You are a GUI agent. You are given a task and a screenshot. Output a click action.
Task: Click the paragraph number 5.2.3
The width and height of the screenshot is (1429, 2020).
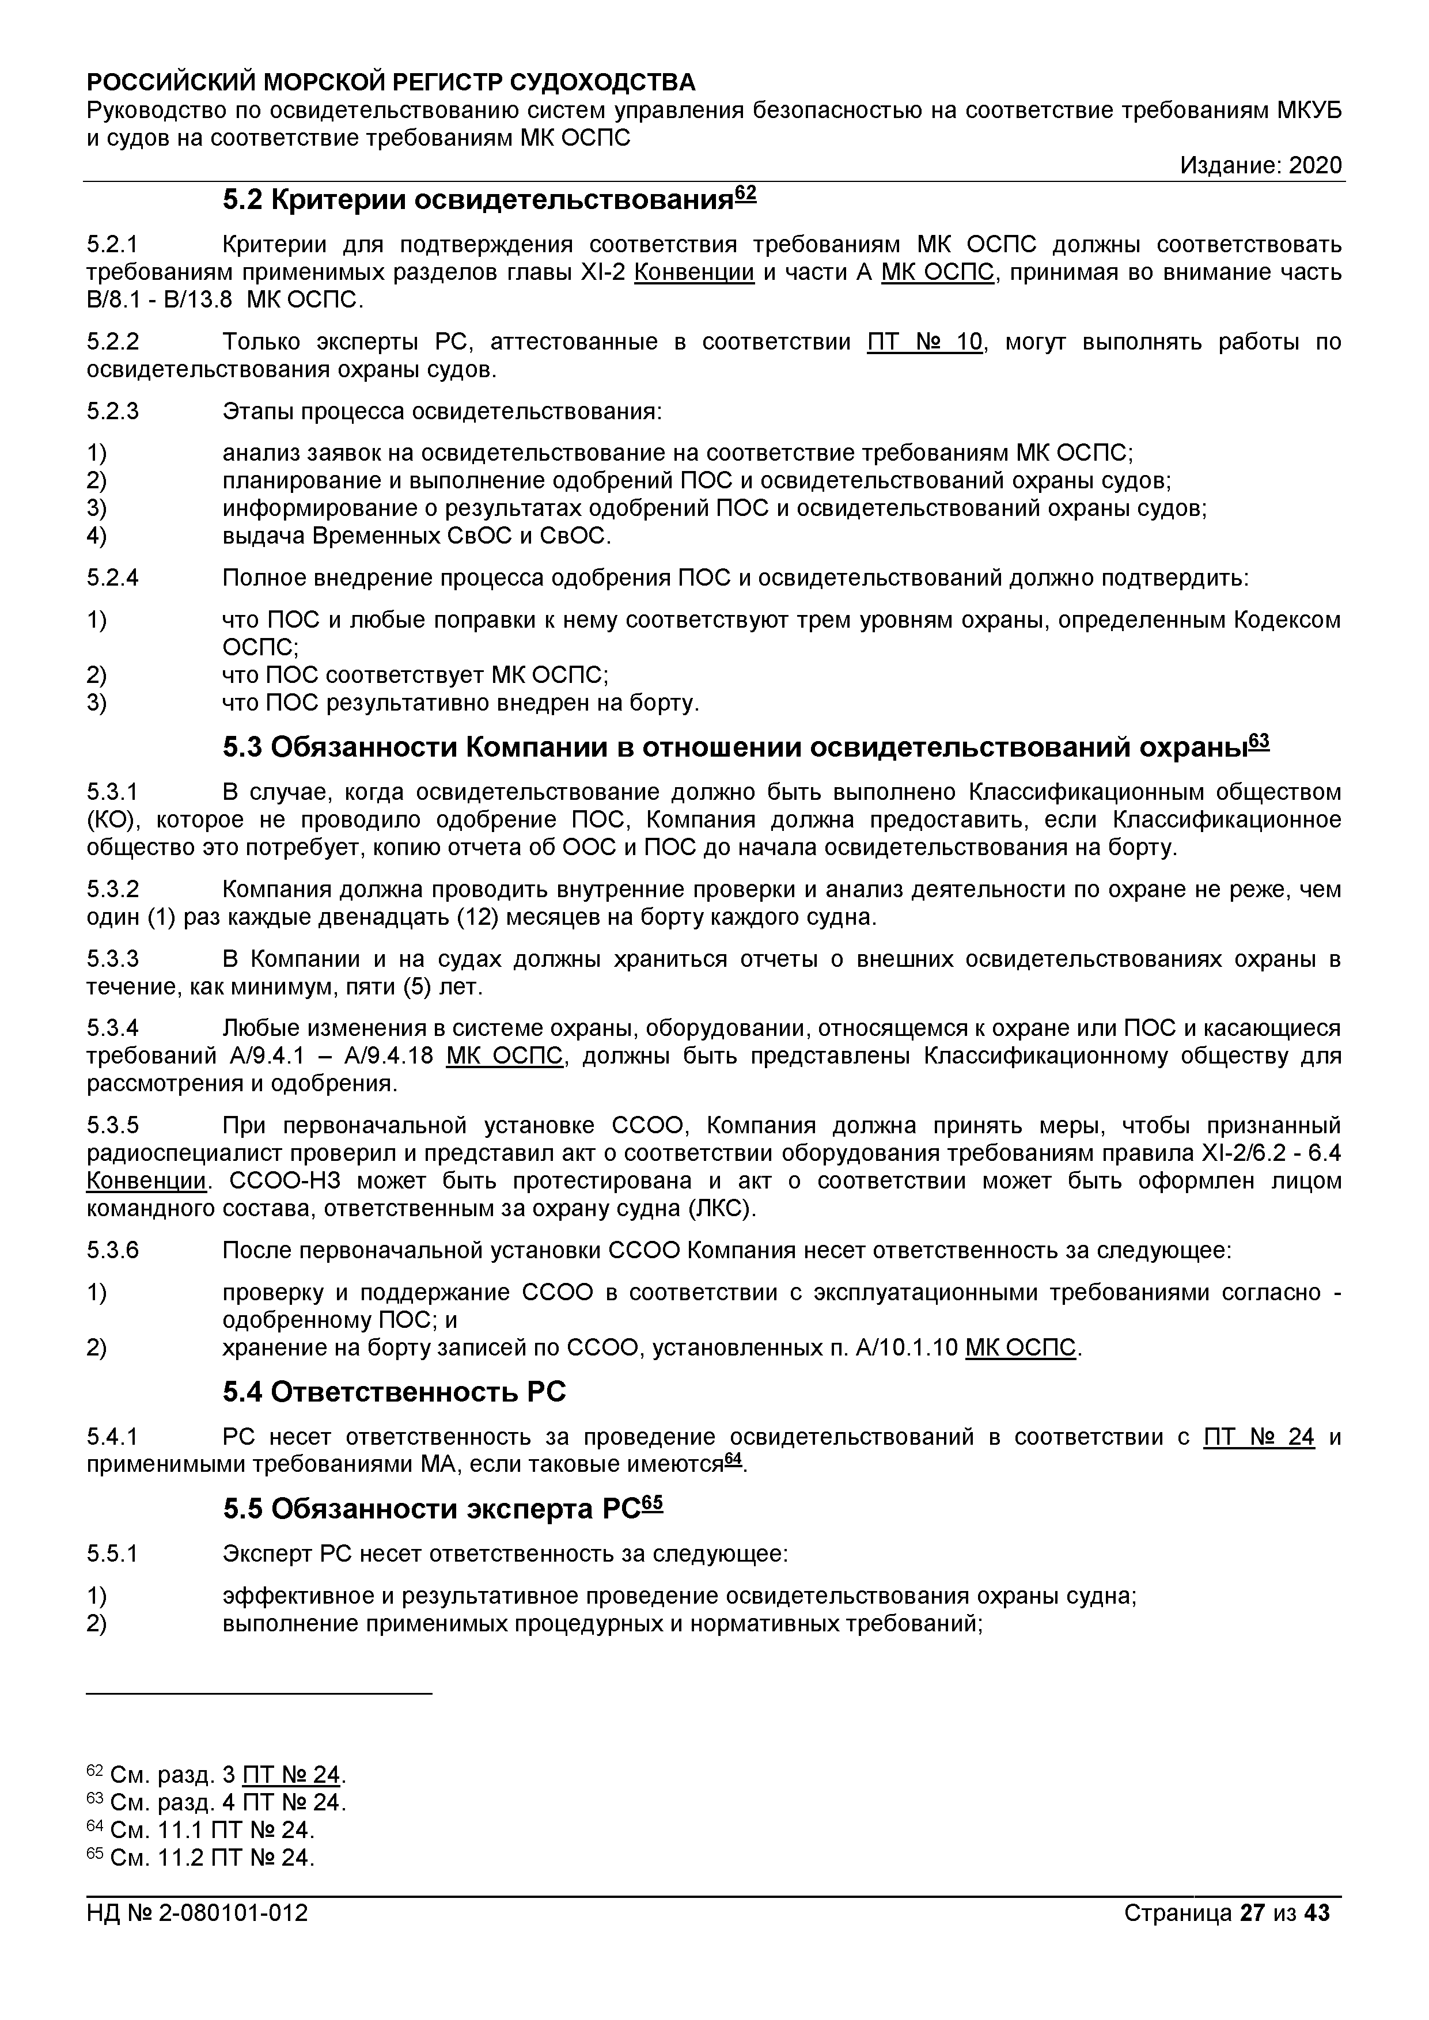coord(113,411)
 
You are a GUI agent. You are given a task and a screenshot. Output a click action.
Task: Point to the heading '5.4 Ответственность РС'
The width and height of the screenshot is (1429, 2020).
coord(394,1391)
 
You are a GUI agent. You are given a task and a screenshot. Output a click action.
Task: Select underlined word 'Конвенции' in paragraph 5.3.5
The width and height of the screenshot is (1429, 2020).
coord(146,1180)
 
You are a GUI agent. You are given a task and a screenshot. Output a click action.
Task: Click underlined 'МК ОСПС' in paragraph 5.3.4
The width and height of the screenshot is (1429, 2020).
coord(504,1055)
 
